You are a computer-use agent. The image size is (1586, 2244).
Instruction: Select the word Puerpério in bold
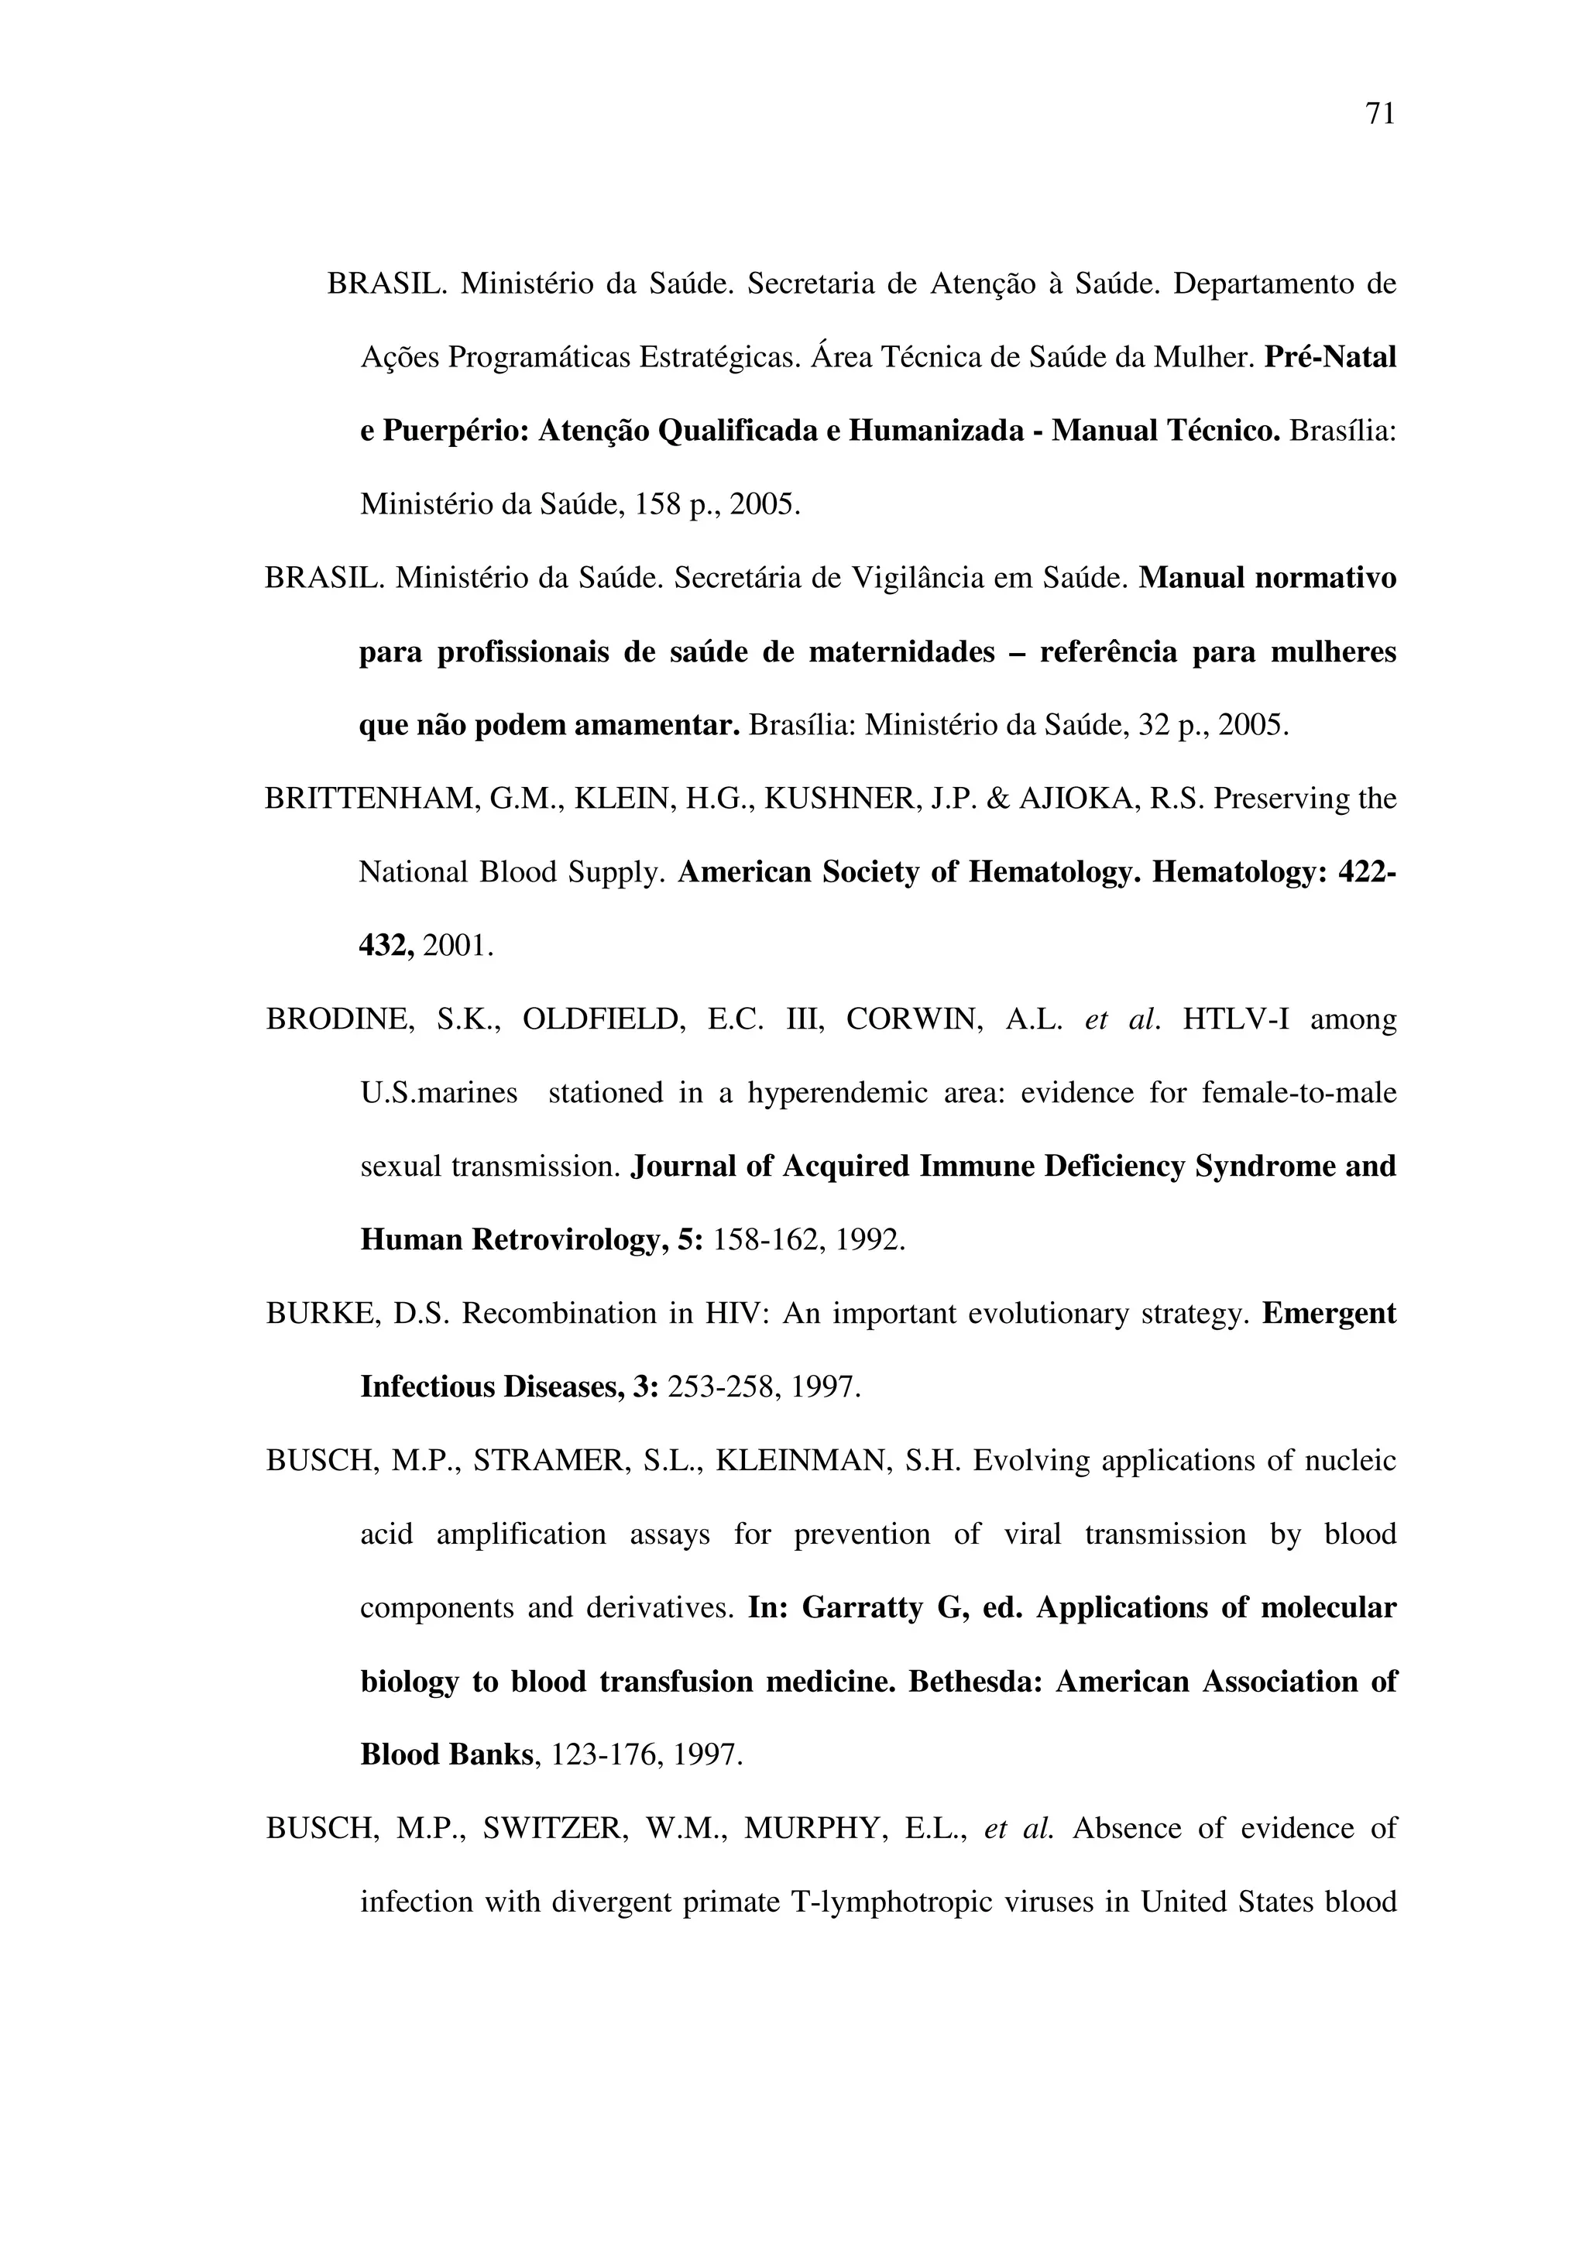(x=455, y=431)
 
